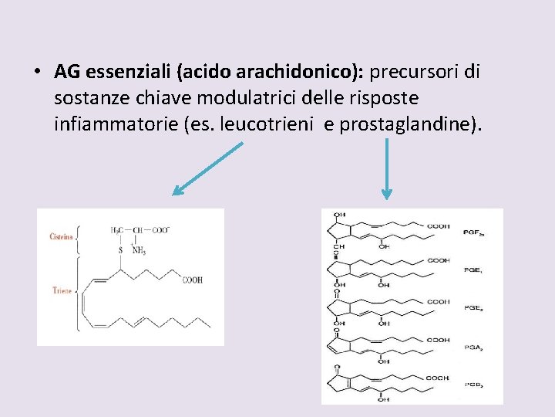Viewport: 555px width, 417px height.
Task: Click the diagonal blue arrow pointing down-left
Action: (207, 169)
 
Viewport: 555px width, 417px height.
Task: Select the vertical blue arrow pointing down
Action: (386, 169)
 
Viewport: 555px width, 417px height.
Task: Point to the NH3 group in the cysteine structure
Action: (140, 250)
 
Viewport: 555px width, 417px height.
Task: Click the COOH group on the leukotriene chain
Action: (193, 280)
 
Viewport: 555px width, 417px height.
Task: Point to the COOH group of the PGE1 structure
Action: (439, 261)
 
